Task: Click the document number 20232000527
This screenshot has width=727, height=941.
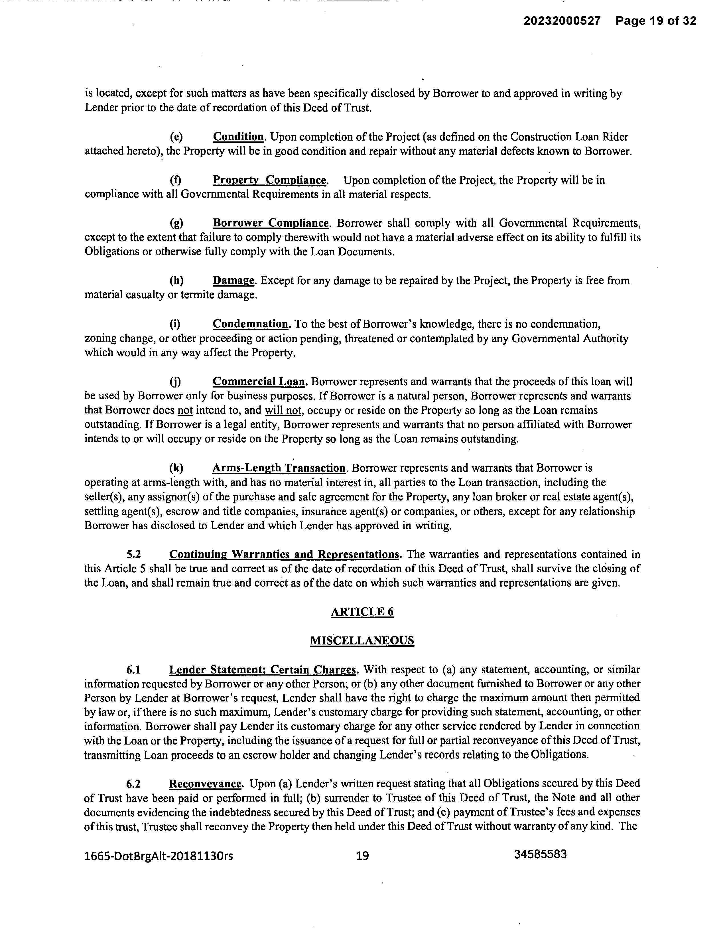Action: pos(562,21)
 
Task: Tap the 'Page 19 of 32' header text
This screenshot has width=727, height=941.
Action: pos(655,21)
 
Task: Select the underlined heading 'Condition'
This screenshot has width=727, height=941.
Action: pos(238,137)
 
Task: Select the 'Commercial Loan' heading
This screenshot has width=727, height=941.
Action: pos(260,381)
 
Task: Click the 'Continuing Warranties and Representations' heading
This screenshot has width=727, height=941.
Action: pos(284,554)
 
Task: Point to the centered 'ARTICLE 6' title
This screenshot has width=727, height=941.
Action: pos(362,612)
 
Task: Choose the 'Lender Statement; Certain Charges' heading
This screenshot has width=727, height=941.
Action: pos(263,670)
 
